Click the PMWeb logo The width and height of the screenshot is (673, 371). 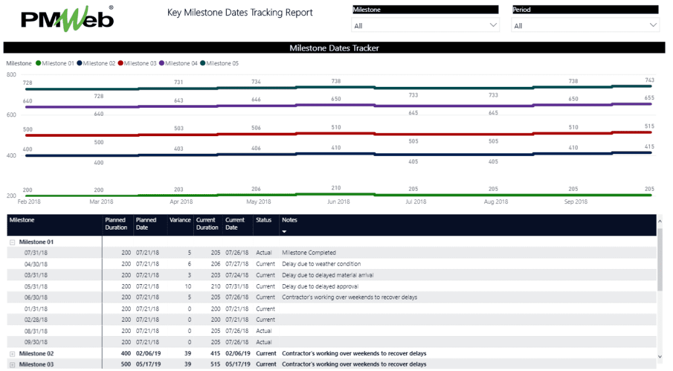pyautogui.click(x=66, y=18)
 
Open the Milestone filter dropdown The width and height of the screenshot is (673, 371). pyautogui.click(x=425, y=26)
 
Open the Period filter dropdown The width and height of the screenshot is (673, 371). pyautogui.click(x=585, y=26)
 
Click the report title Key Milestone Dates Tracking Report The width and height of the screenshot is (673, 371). pyautogui.click(x=240, y=12)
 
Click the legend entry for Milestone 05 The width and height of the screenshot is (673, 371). pyautogui.click(x=219, y=63)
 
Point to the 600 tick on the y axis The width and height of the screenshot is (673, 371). pyautogui.click(x=11, y=115)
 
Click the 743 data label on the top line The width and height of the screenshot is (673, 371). pyautogui.click(x=649, y=80)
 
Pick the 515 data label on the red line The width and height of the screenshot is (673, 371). pyautogui.click(x=649, y=126)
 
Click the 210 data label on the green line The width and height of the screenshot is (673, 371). pyautogui.click(x=336, y=187)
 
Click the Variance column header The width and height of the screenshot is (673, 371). pyautogui.click(x=179, y=220)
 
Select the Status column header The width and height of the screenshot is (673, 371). pyautogui.click(x=264, y=220)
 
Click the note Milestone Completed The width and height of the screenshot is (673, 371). pyautogui.click(x=308, y=253)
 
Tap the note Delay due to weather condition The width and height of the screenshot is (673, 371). pyautogui.click(x=321, y=264)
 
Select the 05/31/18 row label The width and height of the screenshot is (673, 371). pyautogui.click(x=37, y=286)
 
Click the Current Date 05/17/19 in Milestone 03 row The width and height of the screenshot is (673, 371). pyautogui.click(x=236, y=364)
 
